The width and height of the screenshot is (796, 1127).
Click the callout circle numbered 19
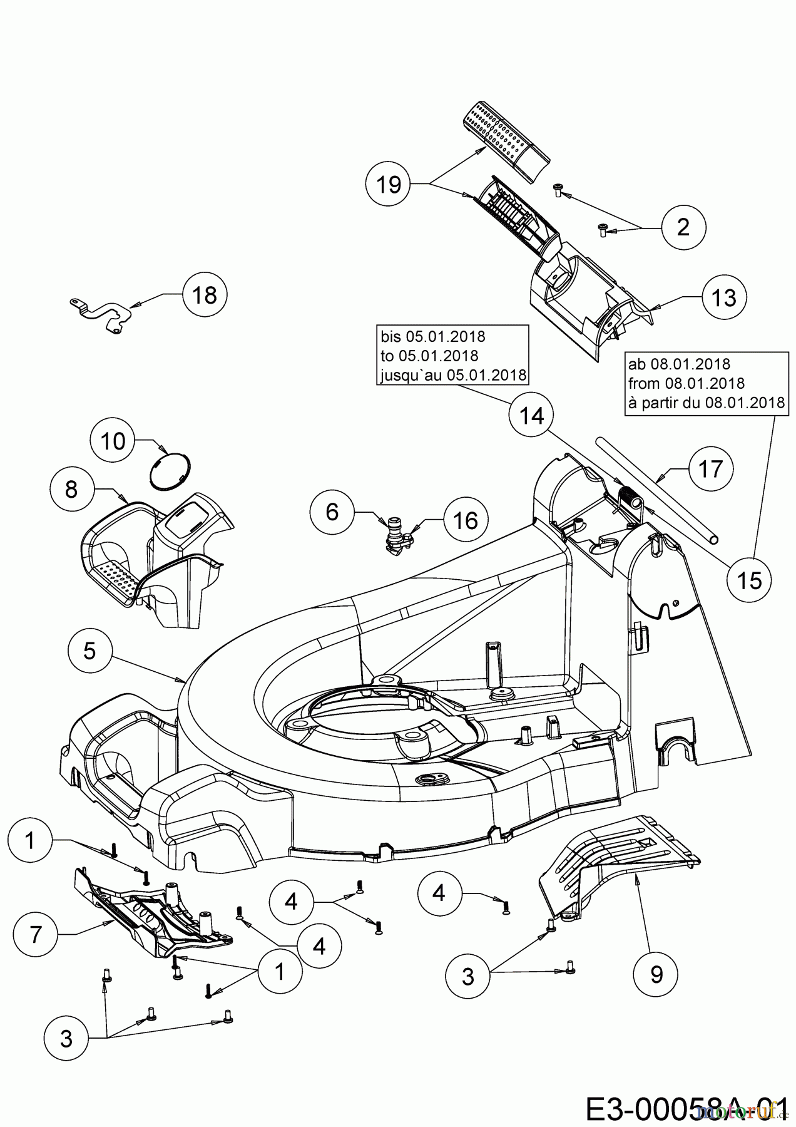click(389, 185)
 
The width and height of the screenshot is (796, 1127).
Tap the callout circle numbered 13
click(724, 298)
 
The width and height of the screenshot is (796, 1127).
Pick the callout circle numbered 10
click(113, 441)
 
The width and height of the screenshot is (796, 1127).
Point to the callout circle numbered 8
click(71, 489)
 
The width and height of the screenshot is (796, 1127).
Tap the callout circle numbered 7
click(35, 935)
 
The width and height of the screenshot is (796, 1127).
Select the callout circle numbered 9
click(656, 974)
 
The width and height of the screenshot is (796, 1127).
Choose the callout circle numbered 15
click(750, 580)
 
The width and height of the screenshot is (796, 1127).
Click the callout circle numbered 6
click(332, 512)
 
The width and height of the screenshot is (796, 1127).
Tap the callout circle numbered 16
click(465, 520)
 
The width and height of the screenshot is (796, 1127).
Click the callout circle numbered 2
click(683, 227)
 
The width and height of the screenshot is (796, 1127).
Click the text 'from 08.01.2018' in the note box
click(686, 383)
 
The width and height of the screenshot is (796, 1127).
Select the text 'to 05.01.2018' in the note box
click(429, 356)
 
